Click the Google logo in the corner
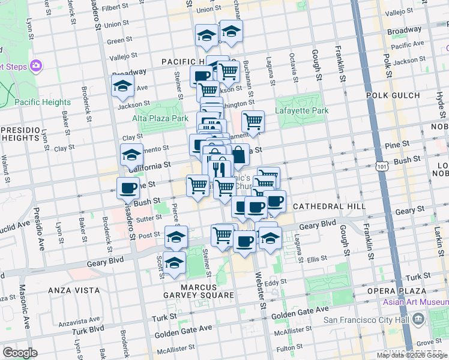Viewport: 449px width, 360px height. [x=20, y=353]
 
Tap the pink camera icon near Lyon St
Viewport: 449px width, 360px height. [x=36, y=65]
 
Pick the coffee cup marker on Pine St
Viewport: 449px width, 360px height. [x=128, y=188]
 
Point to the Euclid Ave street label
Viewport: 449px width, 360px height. [x=14, y=226]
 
